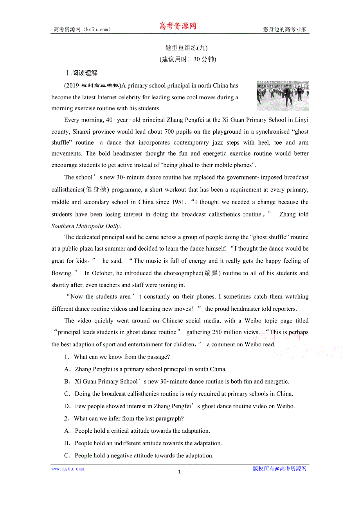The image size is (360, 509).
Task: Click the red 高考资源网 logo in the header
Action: (178, 26)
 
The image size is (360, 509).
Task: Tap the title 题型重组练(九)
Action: (186, 48)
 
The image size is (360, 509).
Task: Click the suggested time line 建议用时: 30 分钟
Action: (188, 59)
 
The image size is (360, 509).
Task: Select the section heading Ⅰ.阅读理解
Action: (81, 73)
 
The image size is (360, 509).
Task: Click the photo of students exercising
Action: (283, 96)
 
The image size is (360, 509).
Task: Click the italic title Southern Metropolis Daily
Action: (86, 226)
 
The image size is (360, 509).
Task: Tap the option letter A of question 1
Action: (67, 369)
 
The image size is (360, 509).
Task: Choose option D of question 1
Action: (67, 406)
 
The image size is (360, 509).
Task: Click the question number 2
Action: (66, 419)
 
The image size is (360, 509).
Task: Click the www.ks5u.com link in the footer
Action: (68, 469)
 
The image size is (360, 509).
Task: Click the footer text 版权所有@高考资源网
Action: (279, 469)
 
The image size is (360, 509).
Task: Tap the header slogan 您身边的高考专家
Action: (284, 29)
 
